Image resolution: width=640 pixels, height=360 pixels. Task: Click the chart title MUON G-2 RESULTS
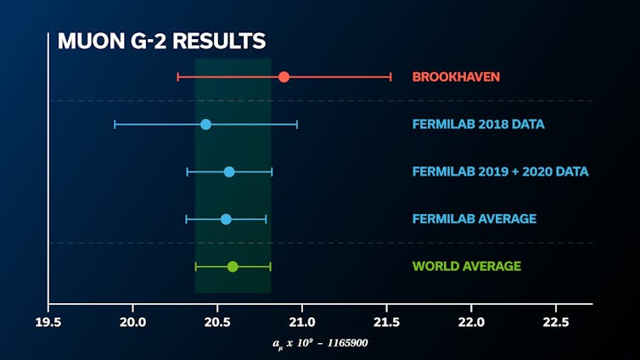(x=161, y=41)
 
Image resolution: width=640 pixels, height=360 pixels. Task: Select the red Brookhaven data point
(x=284, y=77)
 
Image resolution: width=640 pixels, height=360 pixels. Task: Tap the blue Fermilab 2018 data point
(x=205, y=125)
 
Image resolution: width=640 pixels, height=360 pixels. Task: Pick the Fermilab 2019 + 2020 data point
(x=229, y=172)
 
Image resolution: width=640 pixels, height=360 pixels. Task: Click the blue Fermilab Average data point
(x=226, y=219)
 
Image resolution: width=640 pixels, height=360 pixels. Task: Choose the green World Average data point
(x=233, y=267)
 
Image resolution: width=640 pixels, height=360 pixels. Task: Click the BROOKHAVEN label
(x=456, y=77)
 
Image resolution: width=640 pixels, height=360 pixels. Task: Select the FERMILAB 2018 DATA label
(x=478, y=125)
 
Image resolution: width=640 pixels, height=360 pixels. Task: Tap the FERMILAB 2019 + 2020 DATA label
(x=500, y=172)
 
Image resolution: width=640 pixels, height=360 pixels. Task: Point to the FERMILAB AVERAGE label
(x=474, y=219)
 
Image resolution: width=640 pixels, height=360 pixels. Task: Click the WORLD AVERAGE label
(x=466, y=267)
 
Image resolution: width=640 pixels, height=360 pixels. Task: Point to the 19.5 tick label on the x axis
(x=48, y=321)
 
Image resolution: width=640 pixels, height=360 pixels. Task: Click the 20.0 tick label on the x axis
(x=133, y=321)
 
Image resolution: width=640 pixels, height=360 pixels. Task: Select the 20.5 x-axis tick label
(x=217, y=321)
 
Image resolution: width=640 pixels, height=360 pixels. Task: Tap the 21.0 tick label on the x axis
(x=302, y=321)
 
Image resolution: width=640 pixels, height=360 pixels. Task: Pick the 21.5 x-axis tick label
(x=386, y=321)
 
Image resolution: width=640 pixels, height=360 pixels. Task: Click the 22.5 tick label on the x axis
(x=555, y=321)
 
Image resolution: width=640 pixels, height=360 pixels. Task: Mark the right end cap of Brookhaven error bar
(x=390, y=77)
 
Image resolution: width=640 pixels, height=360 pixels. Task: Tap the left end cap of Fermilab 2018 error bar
(x=115, y=125)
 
